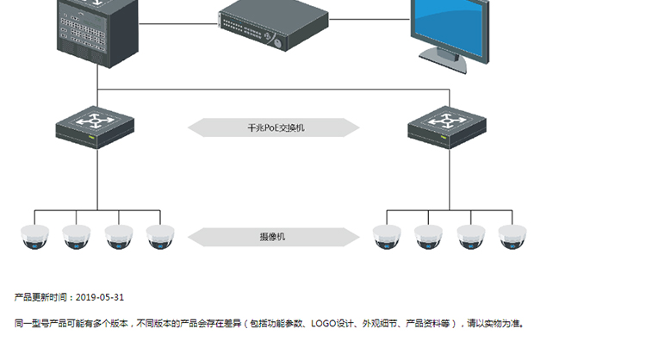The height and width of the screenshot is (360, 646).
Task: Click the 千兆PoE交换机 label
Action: pos(276,127)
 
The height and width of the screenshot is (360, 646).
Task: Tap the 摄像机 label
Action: pos(272,237)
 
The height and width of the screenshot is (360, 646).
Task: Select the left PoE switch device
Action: pos(95,127)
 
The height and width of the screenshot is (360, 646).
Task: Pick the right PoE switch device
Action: pos(447,127)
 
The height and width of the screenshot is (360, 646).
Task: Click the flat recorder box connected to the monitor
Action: pos(274,26)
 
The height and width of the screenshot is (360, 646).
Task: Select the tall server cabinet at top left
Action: pos(97,32)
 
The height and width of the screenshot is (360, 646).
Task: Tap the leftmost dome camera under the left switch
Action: pos(34,237)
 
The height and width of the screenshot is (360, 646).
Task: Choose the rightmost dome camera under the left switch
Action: pos(160,237)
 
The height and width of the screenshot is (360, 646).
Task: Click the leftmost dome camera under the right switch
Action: pos(387,237)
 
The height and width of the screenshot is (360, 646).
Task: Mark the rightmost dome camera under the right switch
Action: pos(512,237)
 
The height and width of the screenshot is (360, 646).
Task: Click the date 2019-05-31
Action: pos(100,297)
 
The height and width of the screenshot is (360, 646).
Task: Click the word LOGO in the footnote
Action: pos(323,324)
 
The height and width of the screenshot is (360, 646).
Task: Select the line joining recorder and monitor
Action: pos(370,19)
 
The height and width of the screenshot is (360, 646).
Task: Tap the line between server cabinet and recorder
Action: pos(178,23)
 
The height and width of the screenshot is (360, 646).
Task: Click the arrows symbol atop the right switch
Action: pos(447,121)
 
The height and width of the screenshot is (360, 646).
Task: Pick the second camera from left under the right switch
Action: pos(428,237)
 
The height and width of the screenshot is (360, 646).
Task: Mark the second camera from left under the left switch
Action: pos(76,237)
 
